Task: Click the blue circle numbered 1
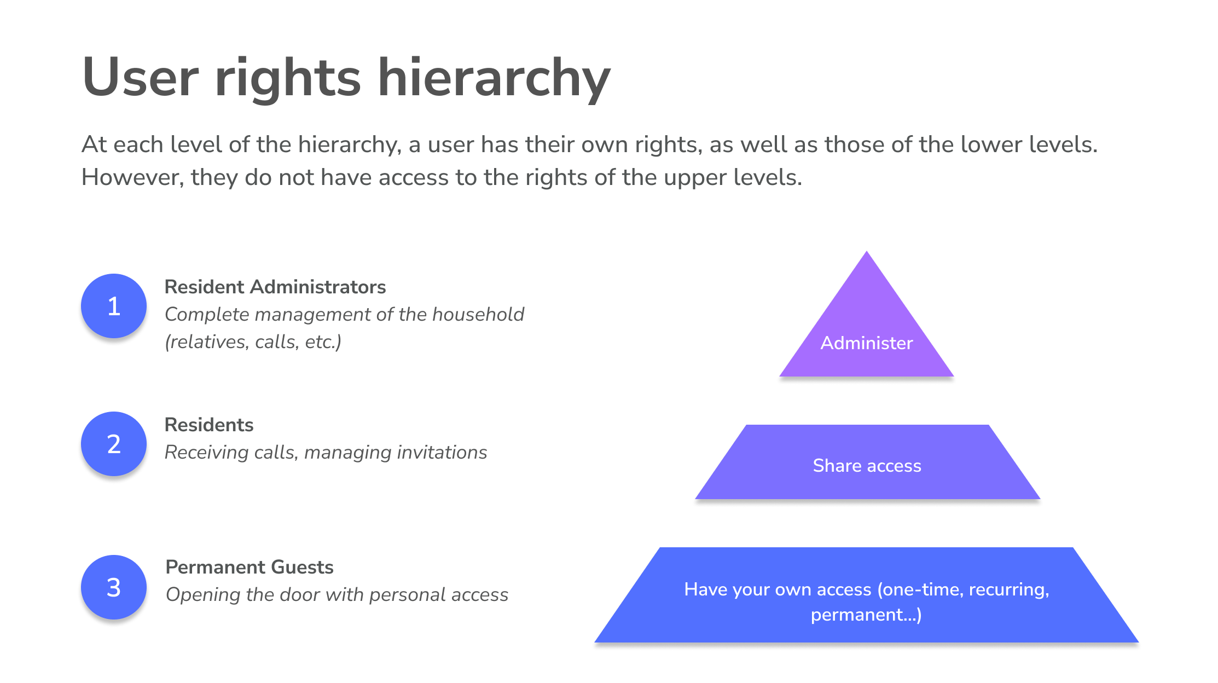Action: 114,306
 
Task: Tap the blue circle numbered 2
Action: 114,444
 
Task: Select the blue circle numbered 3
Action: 114,587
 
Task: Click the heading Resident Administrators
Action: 275,287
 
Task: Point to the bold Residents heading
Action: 209,425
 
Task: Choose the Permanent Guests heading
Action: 250,567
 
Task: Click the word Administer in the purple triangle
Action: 867,343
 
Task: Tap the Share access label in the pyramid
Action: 867,466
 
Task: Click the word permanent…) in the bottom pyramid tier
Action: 866,615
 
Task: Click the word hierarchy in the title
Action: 494,78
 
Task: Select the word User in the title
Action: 140,78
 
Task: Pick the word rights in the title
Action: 288,78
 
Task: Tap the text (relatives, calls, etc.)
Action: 253,342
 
